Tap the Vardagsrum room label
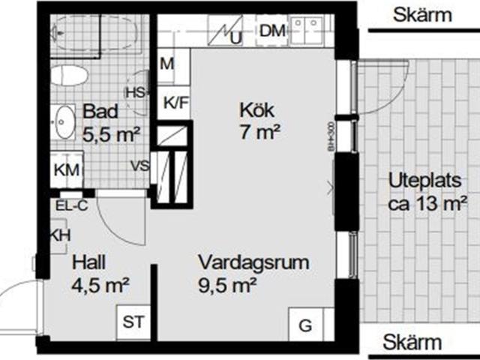click(x=253, y=263)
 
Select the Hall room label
click(x=88, y=263)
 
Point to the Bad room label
click(x=100, y=112)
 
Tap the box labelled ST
click(x=133, y=322)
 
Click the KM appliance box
click(x=67, y=170)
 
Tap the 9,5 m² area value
click(x=228, y=284)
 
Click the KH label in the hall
click(x=60, y=235)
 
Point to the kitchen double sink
click(x=307, y=30)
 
